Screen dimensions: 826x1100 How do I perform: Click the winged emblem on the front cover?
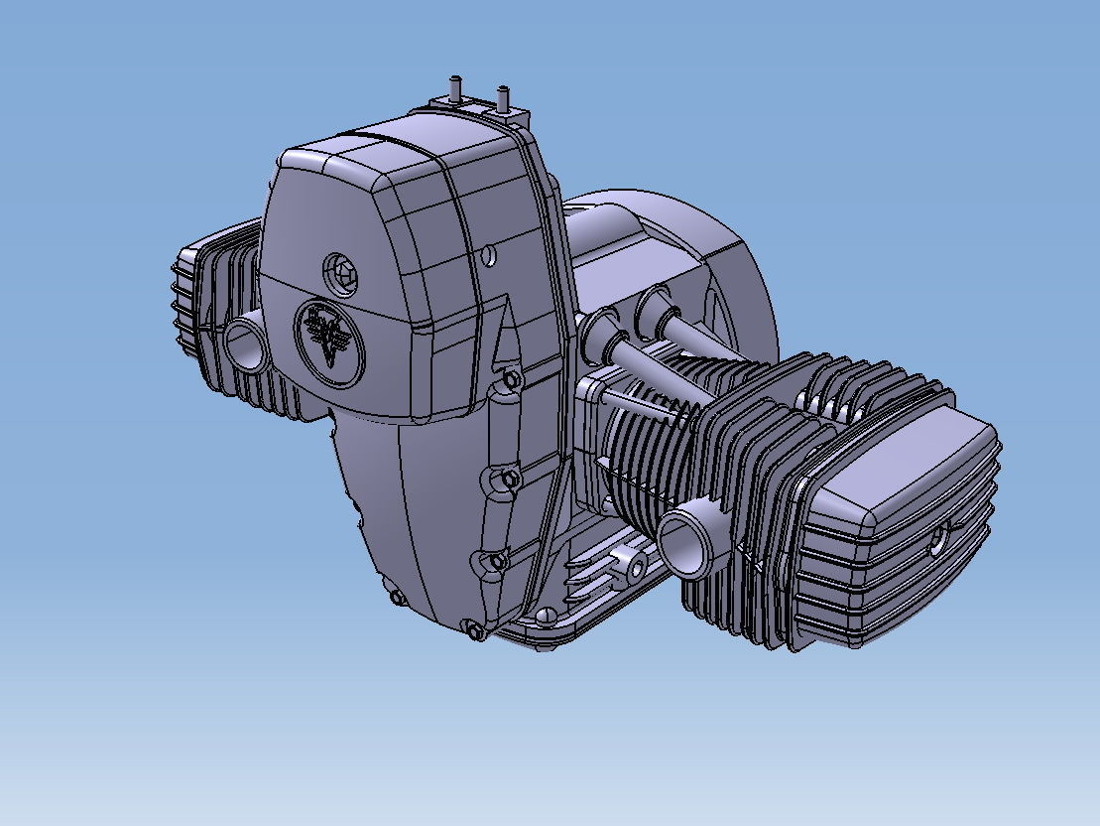(x=329, y=338)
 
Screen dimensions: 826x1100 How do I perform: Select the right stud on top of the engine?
(x=503, y=97)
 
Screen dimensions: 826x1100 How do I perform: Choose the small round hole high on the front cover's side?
(x=488, y=256)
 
